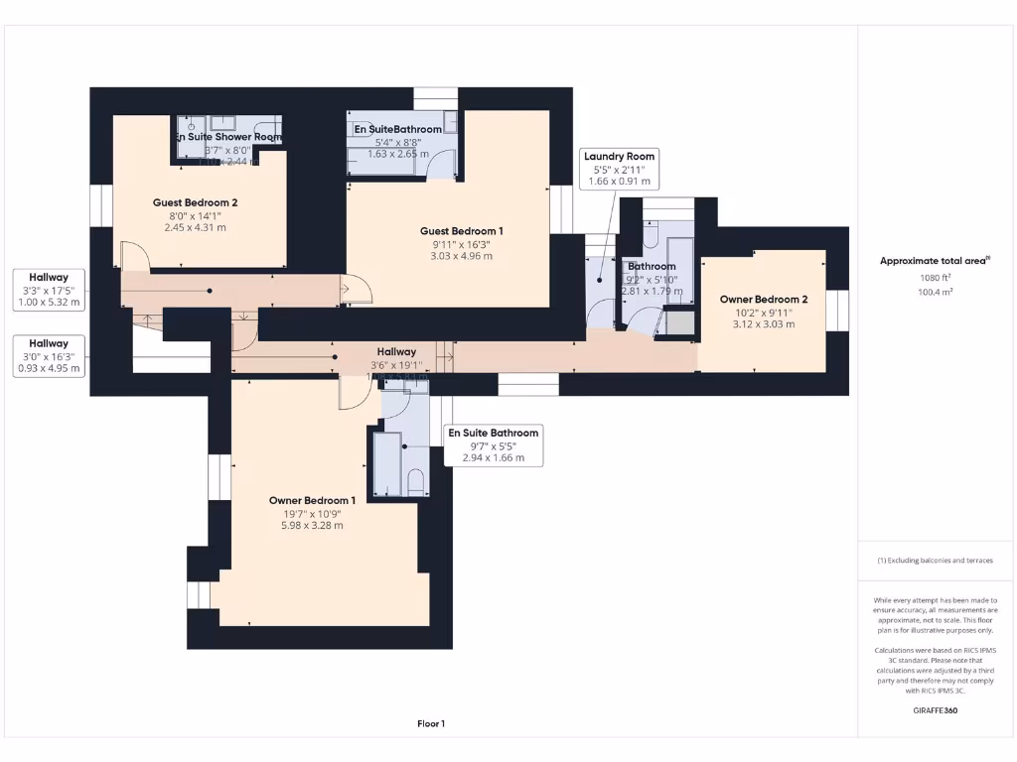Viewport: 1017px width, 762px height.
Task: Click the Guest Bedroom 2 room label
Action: [195, 201]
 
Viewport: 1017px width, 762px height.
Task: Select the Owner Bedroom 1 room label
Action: [312, 500]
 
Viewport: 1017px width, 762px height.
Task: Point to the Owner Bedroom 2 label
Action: [763, 299]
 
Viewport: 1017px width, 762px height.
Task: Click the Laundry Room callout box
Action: [620, 169]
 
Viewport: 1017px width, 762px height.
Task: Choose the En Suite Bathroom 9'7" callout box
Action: [494, 445]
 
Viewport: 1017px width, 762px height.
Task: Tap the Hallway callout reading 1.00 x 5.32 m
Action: [49, 289]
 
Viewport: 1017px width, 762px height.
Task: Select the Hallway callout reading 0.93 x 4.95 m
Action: [49, 355]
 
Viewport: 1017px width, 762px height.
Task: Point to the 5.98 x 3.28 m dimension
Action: [312, 525]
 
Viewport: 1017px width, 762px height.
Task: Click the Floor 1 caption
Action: [430, 724]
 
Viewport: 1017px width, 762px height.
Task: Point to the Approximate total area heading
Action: [934, 261]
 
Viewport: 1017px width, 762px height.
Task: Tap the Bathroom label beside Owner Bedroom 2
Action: [652, 266]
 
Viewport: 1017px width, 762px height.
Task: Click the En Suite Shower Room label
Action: [228, 137]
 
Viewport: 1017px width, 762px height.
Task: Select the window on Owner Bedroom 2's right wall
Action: [838, 310]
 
